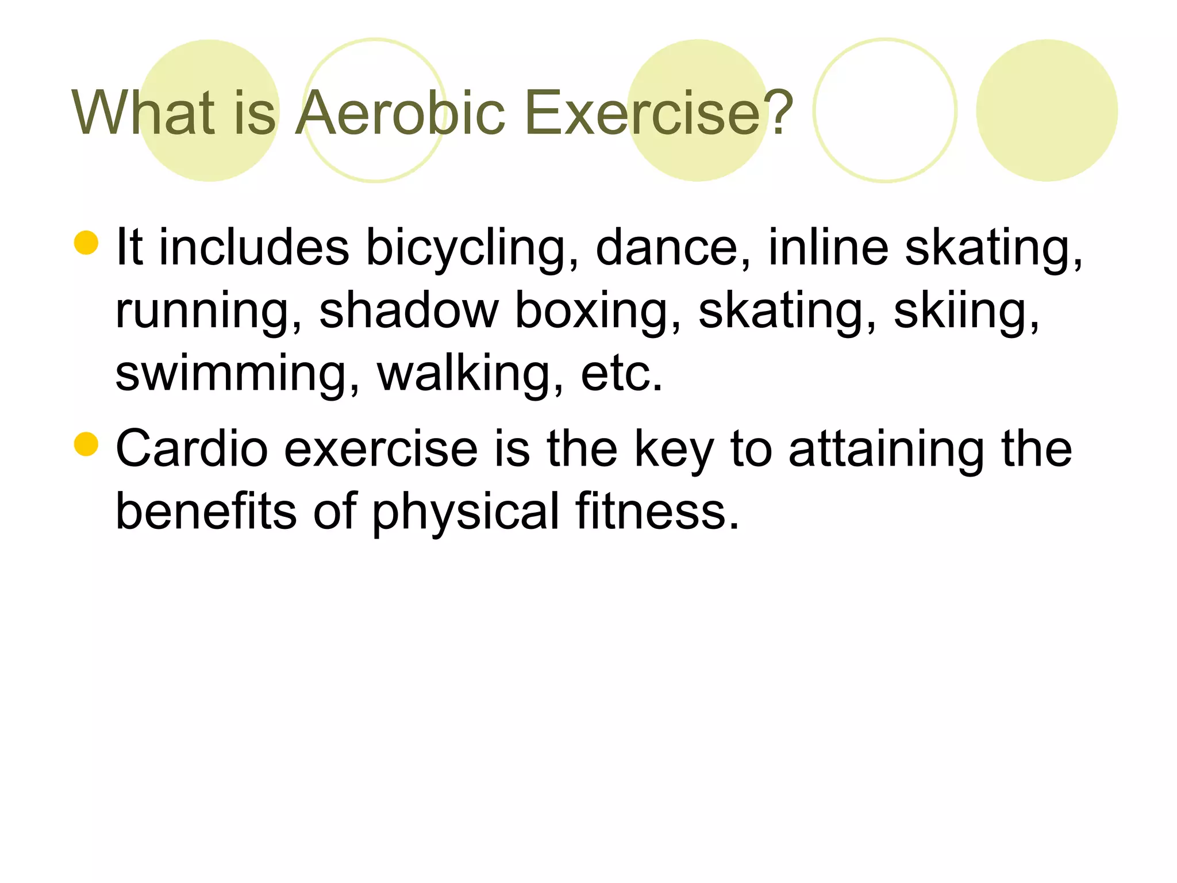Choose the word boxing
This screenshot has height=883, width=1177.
(x=598, y=312)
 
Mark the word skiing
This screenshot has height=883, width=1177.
(x=966, y=312)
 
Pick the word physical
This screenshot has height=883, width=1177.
(x=466, y=512)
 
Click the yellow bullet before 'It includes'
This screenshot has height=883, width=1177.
(x=86, y=243)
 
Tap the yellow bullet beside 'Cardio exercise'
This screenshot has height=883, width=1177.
(x=86, y=444)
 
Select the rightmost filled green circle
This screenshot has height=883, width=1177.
(x=1047, y=110)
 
